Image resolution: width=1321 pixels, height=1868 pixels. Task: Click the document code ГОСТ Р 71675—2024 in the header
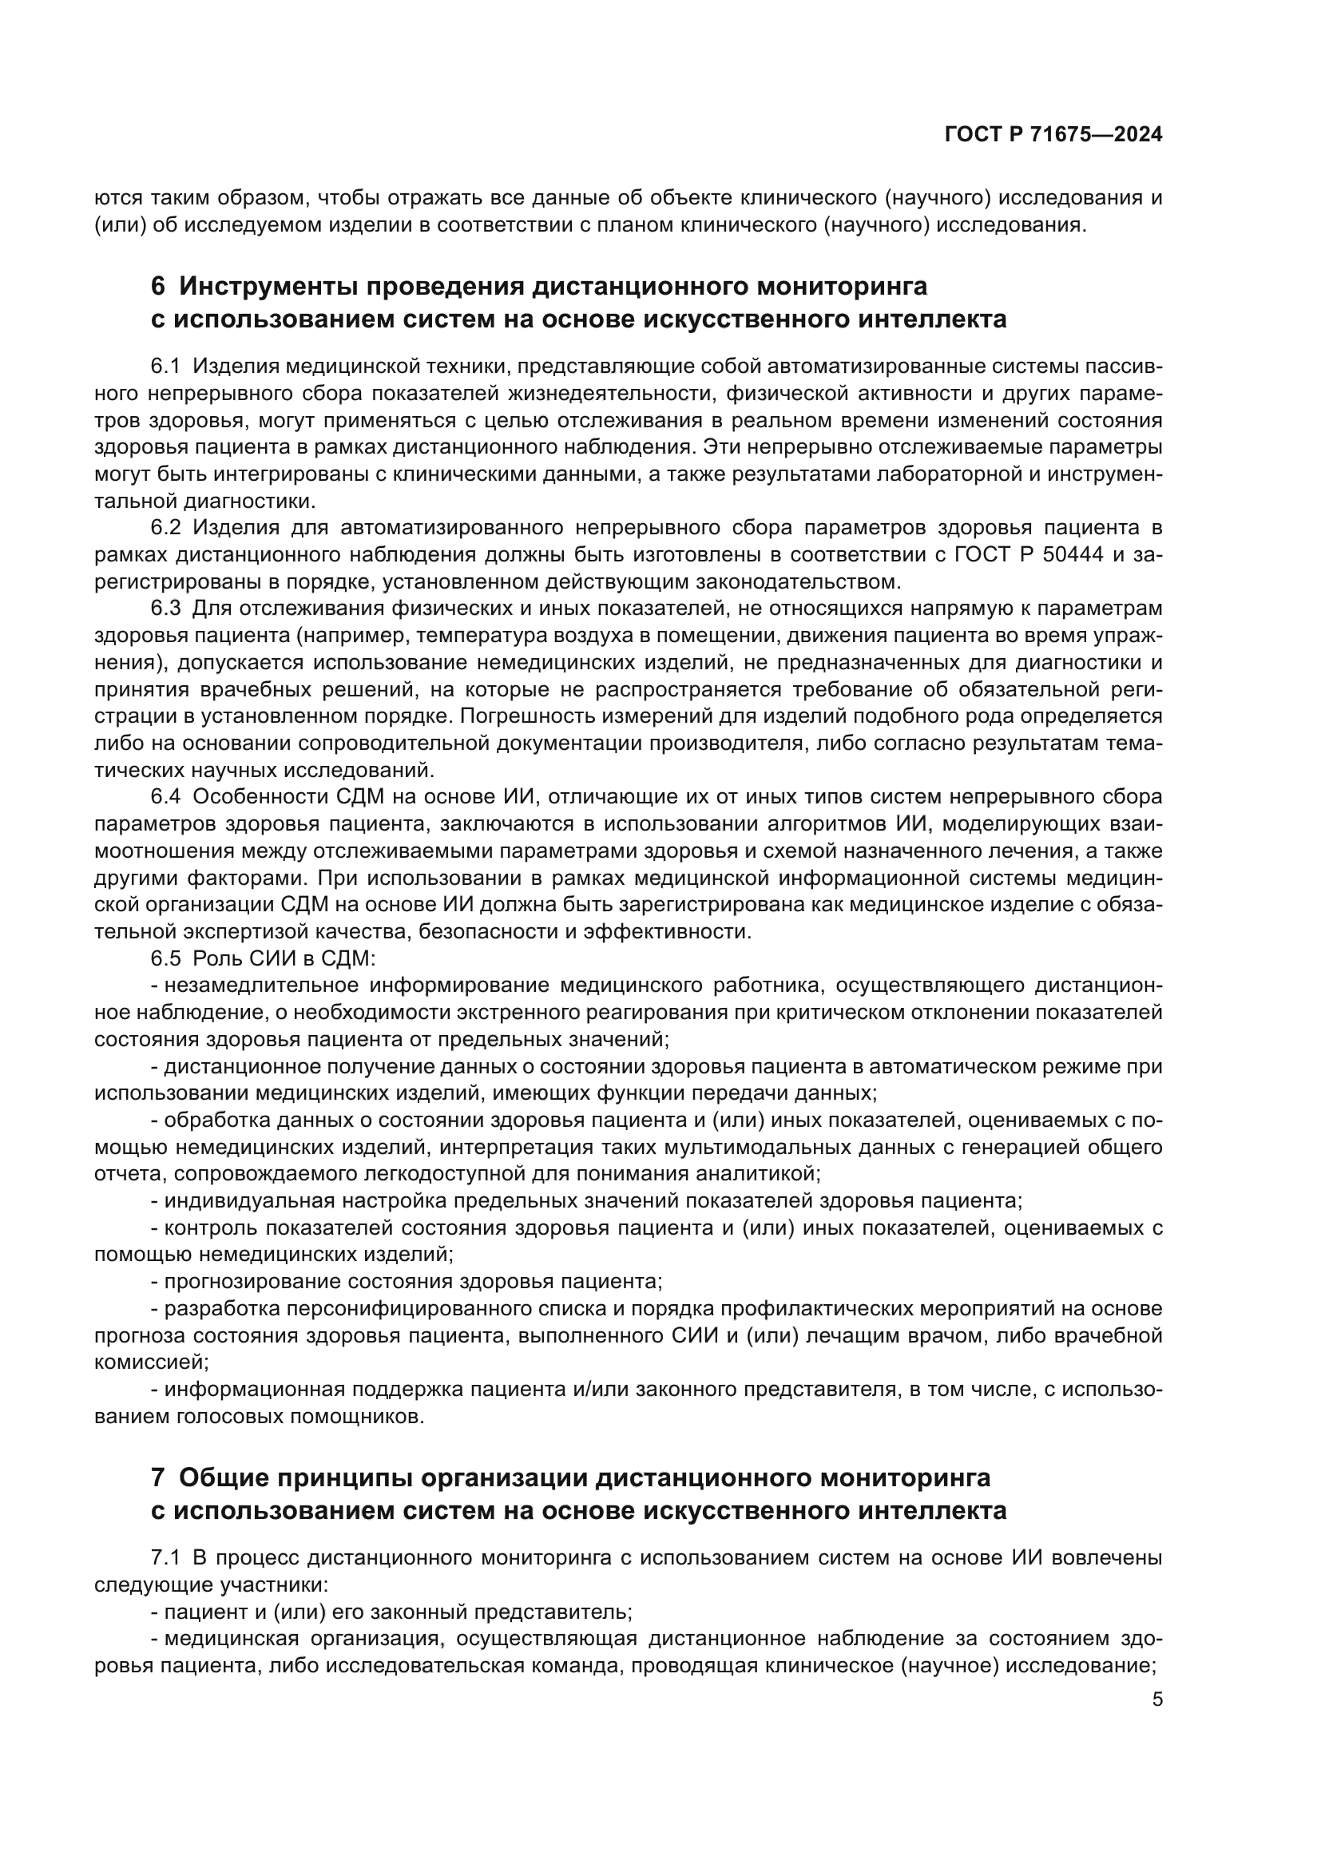(x=1053, y=135)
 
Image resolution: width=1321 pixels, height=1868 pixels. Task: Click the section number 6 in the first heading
(x=158, y=287)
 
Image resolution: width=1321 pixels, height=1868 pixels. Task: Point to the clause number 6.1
(x=165, y=367)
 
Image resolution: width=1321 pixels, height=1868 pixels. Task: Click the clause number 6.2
(x=165, y=528)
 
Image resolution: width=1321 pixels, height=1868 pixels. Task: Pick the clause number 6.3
(x=165, y=609)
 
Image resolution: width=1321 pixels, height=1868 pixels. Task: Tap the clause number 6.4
(x=165, y=796)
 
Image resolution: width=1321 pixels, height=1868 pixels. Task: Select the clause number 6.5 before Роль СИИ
(x=165, y=958)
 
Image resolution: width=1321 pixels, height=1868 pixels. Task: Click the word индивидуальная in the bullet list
(x=241, y=1201)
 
